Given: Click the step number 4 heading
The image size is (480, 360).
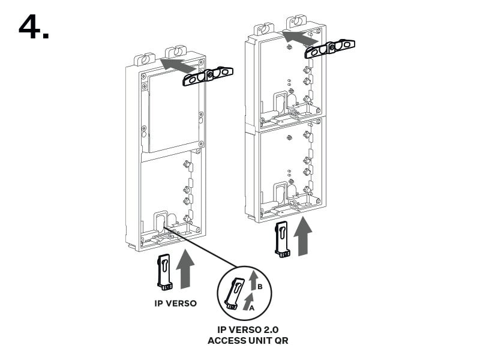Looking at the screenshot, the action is [x=34, y=26].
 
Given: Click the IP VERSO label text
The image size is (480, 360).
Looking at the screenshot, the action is [x=175, y=304].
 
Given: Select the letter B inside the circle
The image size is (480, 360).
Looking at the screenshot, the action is [x=260, y=287].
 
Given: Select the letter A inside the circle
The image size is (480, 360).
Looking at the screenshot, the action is [x=251, y=308].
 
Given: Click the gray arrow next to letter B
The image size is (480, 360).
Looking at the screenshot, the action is [x=253, y=280].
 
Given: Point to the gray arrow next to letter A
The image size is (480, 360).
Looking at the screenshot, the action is [x=248, y=302].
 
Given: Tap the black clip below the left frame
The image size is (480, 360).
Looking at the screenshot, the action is [x=164, y=272].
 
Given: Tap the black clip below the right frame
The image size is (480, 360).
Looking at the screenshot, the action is [x=282, y=239].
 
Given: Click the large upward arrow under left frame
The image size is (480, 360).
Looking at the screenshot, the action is [x=185, y=269].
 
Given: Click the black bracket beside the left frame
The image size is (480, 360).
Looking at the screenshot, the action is [x=208, y=76].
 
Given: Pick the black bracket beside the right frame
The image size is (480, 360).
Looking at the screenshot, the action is [x=330, y=49].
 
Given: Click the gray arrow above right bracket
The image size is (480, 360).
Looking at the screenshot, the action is [x=301, y=38].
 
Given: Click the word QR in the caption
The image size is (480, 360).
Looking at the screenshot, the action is [x=283, y=341].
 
